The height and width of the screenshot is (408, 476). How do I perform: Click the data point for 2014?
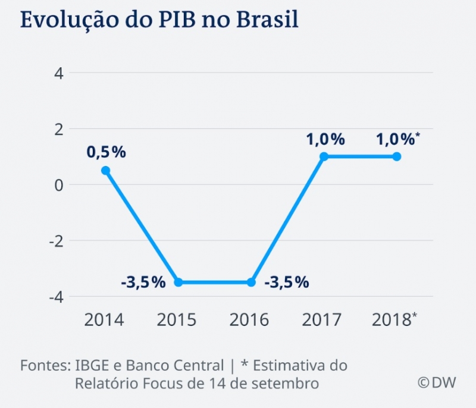point(106,171)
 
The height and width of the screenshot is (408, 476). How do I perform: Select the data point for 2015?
point(178,282)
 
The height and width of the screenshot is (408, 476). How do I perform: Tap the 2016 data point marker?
point(251,282)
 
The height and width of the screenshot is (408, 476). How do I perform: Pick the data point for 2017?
point(324,156)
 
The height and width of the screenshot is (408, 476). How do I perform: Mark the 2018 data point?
point(397,156)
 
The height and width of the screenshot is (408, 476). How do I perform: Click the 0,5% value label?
point(107,152)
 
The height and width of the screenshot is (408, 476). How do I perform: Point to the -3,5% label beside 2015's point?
point(143,282)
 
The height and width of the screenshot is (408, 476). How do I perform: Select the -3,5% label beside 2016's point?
point(287,282)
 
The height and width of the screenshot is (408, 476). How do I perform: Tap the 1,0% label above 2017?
point(325,139)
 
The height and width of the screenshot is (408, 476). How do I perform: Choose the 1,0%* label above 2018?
point(398,139)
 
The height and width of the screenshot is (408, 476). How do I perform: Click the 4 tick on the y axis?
point(59,73)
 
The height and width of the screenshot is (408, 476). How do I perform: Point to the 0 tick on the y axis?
point(59,184)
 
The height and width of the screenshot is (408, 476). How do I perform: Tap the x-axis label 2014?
point(104,320)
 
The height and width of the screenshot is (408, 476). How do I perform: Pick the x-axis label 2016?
point(249,320)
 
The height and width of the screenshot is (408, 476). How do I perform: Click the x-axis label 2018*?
point(394,320)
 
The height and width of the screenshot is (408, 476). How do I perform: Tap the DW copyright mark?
point(436,382)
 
